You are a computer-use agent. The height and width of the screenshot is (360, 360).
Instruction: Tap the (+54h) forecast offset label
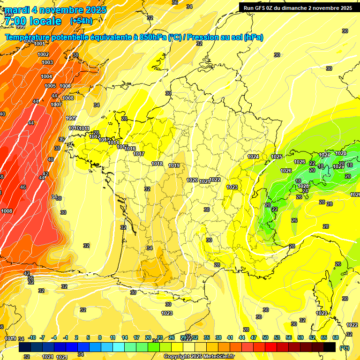(x=81, y=21)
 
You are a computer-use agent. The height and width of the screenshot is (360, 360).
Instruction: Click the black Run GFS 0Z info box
(x=298, y=8)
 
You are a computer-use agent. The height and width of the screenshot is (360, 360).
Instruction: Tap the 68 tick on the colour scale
(x=336, y=337)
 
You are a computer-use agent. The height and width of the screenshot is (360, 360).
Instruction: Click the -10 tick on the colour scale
(x=32, y=337)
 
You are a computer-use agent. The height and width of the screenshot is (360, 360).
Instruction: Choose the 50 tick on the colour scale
(x=265, y=337)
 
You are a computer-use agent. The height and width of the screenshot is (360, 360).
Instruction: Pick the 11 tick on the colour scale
(x=112, y=337)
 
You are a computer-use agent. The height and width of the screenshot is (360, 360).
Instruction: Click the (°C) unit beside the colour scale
(x=344, y=348)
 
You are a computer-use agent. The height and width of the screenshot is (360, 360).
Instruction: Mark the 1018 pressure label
(x=157, y=164)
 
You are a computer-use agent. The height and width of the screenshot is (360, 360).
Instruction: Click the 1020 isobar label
(x=192, y=180)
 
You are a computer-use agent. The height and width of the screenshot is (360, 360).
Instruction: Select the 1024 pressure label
(x=253, y=157)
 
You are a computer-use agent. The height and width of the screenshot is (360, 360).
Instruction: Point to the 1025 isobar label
(x=277, y=157)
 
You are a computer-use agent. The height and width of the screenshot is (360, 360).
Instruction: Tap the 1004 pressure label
(x=46, y=76)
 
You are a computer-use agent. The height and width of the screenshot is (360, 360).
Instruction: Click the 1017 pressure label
(x=138, y=154)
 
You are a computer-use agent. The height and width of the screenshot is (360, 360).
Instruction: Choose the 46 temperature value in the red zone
(x=23, y=187)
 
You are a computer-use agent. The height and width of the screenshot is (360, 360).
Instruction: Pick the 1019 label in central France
(x=174, y=165)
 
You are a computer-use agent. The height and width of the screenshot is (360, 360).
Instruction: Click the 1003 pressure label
(x=47, y=62)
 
